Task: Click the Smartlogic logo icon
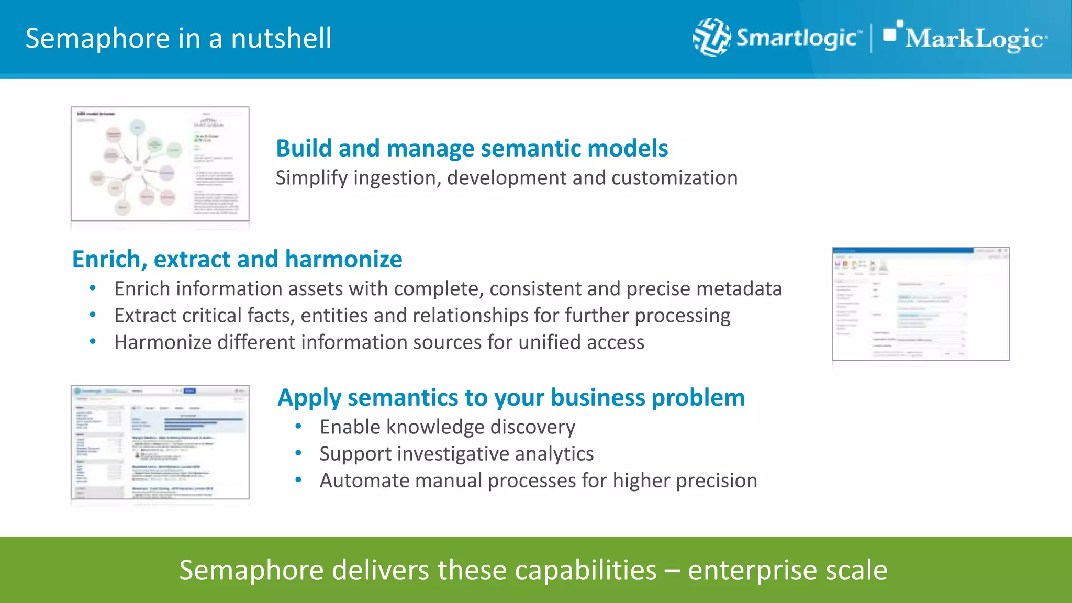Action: coord(711,37)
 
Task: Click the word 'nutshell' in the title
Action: coord(281,39)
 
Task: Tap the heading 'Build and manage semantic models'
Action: coord(472,148)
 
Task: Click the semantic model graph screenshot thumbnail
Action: coord(160,164)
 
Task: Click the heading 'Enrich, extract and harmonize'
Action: coord(237,259)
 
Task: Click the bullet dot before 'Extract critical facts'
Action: coord(93,315)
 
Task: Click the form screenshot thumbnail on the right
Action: coord(920,304)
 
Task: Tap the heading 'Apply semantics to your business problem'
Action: coord(511,397)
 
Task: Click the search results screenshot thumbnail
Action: coord(160,442)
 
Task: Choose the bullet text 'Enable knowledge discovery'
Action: coord(447,427)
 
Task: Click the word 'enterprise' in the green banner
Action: coord(752,570)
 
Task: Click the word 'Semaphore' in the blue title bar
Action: coord(97,39)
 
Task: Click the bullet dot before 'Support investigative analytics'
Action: coord(298,453)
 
